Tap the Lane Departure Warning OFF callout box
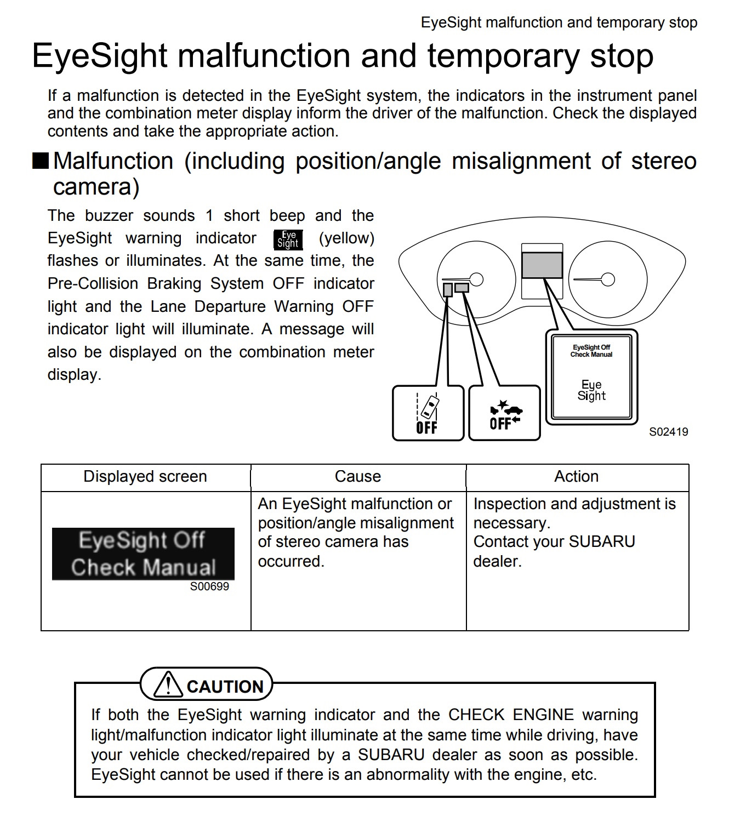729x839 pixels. (x=428, y=413)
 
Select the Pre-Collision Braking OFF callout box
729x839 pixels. (x=505, y=413)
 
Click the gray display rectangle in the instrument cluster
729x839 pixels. (x=542, y=265)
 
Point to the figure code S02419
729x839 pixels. (x=668, y=432)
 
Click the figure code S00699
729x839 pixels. (x=209, y=586)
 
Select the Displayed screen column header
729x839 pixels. (x=145, y=477)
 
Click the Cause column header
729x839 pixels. (x=358, y=477)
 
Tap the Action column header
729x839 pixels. (x=576, y=477)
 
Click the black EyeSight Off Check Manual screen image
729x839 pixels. (x=143, y=553)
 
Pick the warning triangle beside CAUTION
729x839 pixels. (x=168, y=684)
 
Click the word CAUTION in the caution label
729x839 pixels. (x=225, y=687)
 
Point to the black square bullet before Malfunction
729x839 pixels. (x=41, y=161)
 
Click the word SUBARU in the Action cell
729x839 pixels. (x=602, y=542)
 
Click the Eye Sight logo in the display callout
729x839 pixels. (x=591, y=390)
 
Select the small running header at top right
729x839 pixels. (x=559, y=22)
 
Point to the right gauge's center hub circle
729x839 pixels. (x=608, y=279)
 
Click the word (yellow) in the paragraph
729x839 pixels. (x=346, y=238)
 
